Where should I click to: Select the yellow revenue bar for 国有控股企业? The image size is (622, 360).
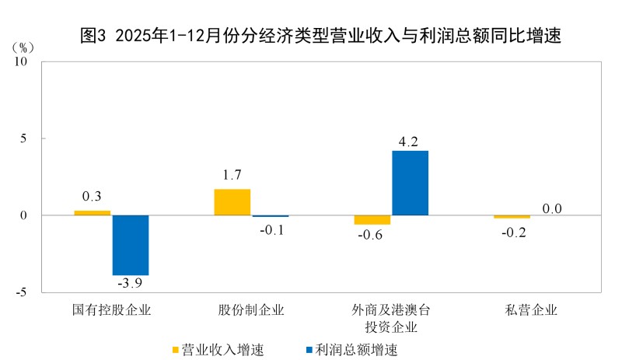tap(93, 212)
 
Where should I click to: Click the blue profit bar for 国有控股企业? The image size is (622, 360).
tap(131, 245)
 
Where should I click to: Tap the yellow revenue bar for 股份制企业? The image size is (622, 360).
tap(232, 202)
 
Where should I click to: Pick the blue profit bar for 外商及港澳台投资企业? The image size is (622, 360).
tap(410, 183)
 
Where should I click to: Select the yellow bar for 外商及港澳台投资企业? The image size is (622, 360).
tap(372, 220)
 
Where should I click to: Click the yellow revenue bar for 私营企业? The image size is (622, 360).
tap(512, 217)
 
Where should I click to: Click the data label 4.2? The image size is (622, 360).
tap(409, 142)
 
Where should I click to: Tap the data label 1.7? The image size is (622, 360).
tap(232, 175)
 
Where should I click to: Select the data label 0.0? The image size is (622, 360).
tap(552, 208)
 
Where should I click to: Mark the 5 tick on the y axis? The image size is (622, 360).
tap(23, 138)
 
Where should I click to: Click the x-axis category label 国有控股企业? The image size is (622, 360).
tap(111, 310)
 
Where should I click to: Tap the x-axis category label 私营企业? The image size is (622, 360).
tap(532, 310)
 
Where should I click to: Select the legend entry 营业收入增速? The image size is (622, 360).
tap(218, 349)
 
